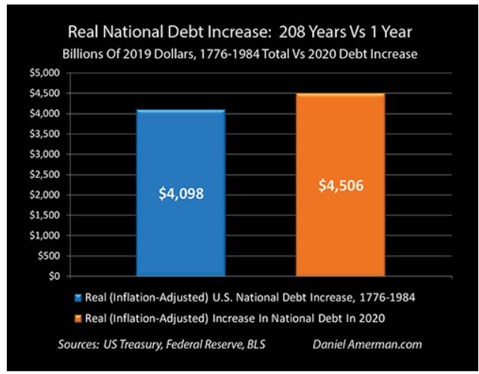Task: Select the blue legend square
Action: (78, 296)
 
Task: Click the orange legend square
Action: (78, 317)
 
